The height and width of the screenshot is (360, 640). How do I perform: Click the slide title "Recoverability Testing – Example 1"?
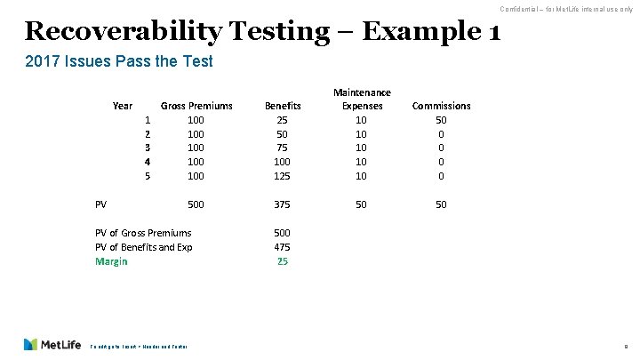[x=262, y=32]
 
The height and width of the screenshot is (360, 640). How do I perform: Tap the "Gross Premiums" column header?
[x=196, y=106]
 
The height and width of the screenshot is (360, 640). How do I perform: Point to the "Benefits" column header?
[x=283, y=106]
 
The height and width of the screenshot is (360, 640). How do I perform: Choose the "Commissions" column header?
[x=441, y=106]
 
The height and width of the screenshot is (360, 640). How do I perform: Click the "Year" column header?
[x=124, y=106]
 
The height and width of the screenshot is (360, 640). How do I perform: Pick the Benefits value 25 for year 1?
[x=283, y=120]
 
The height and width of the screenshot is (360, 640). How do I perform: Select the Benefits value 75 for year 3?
[x=283, y=148]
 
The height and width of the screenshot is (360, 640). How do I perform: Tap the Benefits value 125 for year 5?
[x=283, y=177]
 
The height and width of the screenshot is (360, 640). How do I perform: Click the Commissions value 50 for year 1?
[x=441, y=120]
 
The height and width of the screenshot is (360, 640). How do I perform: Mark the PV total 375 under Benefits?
[x=283, y=205]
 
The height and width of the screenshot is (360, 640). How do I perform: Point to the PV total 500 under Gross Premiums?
[x=196, y=205]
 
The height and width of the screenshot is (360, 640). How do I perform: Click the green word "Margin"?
[x=111, y=261]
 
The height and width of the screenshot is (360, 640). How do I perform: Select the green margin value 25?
[x=283, y=261]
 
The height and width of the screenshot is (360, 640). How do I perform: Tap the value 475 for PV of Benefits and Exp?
[x=283, y=247]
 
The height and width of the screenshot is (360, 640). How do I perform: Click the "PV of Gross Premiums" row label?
[x=143, y=233]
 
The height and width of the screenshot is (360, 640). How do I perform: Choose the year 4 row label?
[x=147, y=163]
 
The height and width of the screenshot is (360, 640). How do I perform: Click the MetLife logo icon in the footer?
[x=32, y=344]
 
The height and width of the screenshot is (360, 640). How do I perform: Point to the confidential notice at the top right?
[x=566, y=8]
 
